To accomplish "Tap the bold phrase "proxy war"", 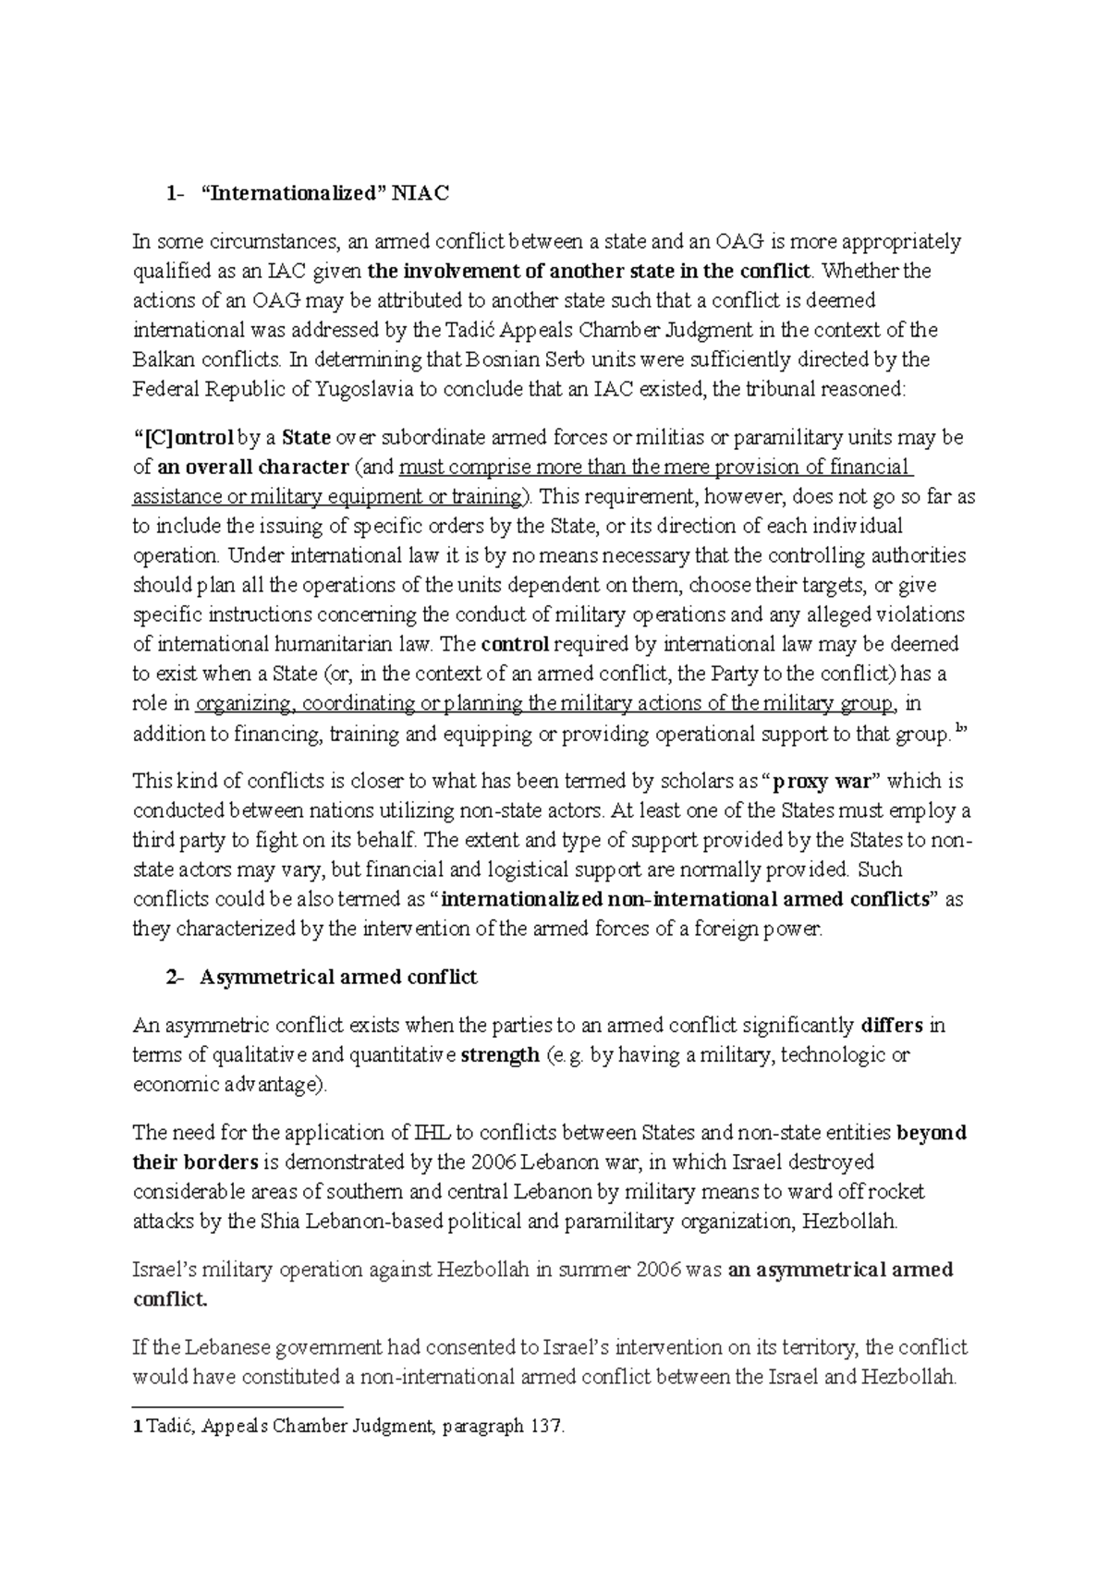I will tap(822, 781).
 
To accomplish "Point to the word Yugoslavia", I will tap(365, 389).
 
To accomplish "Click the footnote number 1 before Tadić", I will tap(138, 1426).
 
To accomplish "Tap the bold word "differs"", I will tap(892, 1025).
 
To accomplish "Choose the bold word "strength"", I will tap(499, 1054).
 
